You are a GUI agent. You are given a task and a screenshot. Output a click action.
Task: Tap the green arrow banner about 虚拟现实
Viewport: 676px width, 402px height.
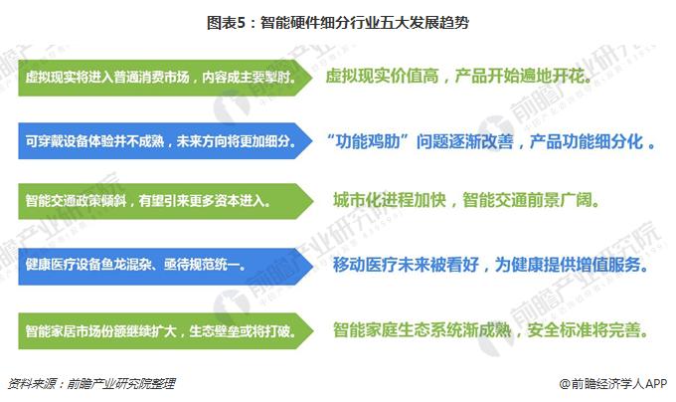164,77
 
